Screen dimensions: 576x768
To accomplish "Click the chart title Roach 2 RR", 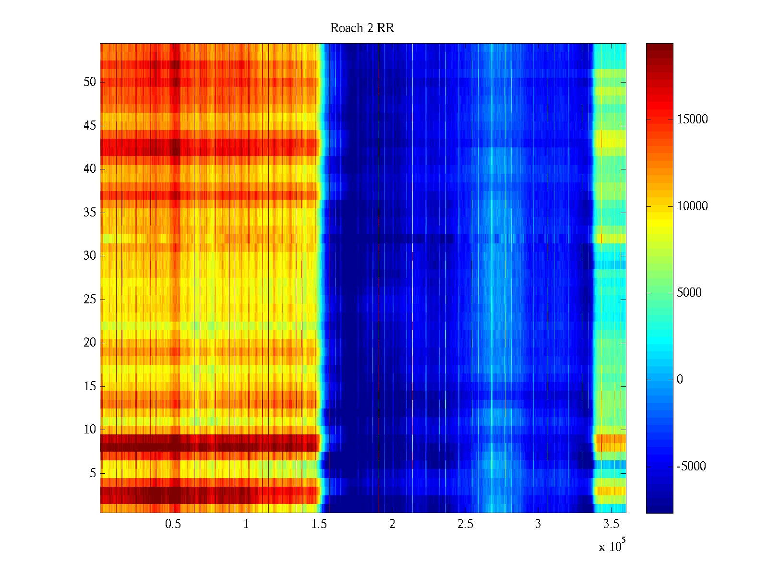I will coord(362,28).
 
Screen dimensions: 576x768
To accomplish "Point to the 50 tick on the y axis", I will coord(90,82).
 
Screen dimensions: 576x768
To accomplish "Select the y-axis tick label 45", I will coord(90,126).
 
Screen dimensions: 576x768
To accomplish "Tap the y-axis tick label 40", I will coord(90,169).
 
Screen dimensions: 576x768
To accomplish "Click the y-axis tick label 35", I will coord(90,213).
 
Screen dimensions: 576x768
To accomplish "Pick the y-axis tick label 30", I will coord(90,256).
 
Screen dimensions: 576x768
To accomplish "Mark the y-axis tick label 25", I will coord(90,300).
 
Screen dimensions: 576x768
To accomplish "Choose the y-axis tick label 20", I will coord(90,343).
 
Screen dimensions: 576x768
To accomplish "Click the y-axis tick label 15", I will coord(90,386).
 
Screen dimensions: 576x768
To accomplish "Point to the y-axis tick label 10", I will coord(90,430).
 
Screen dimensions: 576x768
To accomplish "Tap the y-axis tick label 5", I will coord(93,473).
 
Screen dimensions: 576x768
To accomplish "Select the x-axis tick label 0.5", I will coord(173,524).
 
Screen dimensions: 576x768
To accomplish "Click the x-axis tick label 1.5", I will coord(319,524).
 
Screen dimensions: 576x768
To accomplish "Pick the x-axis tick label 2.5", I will coord(465,524).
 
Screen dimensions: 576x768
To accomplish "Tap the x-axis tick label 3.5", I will coord(611,524).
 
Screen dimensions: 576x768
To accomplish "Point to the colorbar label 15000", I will coord(692,120).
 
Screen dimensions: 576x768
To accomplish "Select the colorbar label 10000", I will coord(692,206).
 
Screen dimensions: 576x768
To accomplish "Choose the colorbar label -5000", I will coord(691,467).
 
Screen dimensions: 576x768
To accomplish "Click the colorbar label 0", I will coord(680,380).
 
